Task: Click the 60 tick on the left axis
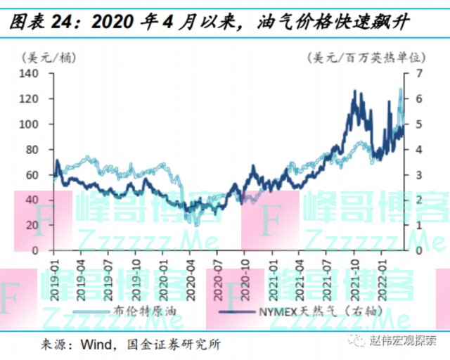[x=32, y=174]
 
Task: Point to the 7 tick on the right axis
[x=418, y=73]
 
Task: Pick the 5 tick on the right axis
[x=418, y=124]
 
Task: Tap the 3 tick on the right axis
[x=418, y=174]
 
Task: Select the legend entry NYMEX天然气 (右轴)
[x=302, y=310]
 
